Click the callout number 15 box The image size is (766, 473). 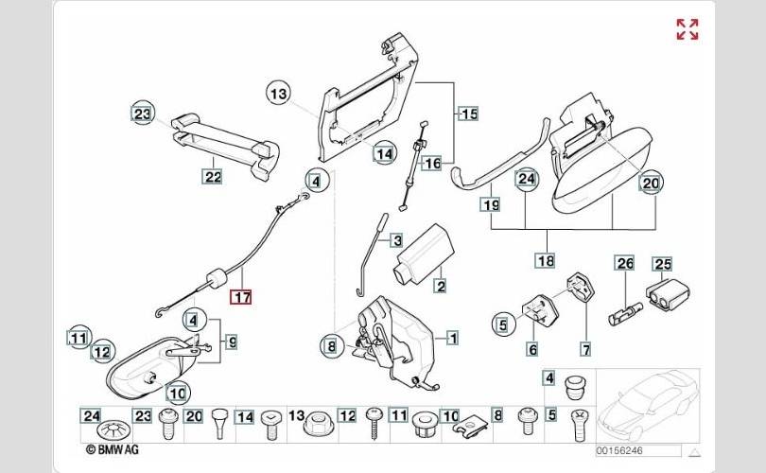pos(469,114)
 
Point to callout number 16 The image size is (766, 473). pos(431,163)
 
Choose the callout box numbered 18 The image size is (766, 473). pos(544,260)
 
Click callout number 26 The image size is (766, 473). pos(623,264)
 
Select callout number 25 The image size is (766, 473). pos(662,264)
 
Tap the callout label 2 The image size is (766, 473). pos(440,285)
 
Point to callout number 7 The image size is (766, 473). pos(585,350)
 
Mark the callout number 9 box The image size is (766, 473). pos(232,341)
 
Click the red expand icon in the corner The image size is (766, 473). pos(688,29)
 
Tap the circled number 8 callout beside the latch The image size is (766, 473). pos(331,347)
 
